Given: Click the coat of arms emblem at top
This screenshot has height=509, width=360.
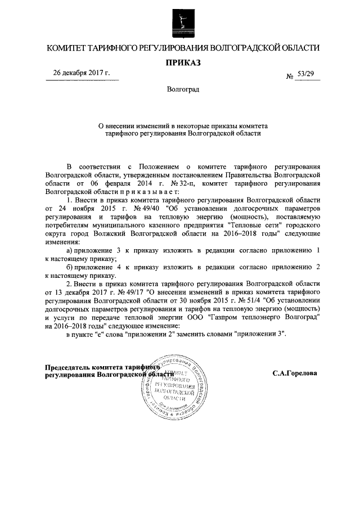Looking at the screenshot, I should (x=179, y=22).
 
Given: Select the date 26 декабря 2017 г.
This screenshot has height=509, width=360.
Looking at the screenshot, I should (x=82, y=74).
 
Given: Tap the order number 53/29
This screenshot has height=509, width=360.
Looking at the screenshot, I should (x=307, y=75).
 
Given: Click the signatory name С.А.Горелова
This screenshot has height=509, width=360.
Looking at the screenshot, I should (x=294, y=373).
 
